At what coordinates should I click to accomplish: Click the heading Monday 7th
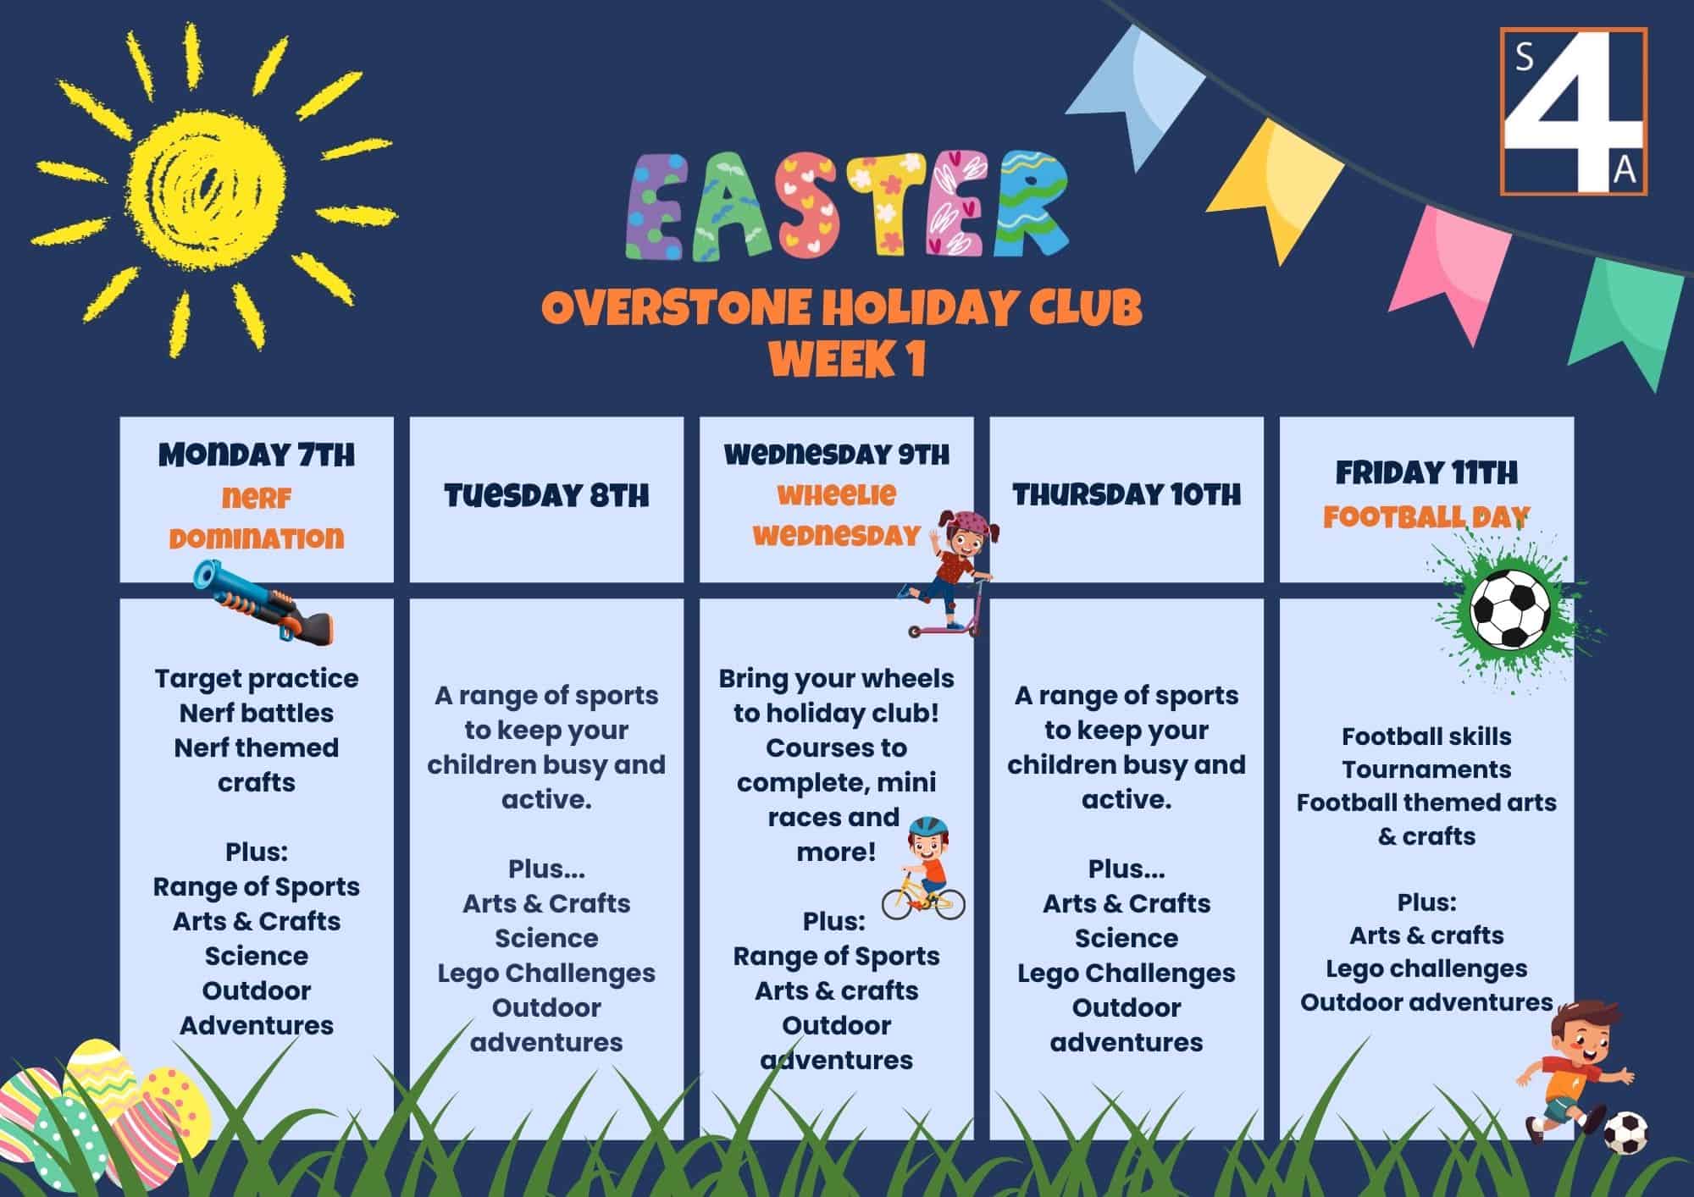pyautogui.click(x=257, y=455)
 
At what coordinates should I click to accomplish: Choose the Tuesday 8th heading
pyautogui.click(x=546, y=495)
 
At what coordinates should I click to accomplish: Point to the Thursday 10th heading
pyautogui.click(x=1127, y=494)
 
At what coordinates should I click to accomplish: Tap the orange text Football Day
pyautogui.click(x=1426, y=516)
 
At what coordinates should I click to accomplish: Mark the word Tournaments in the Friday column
pyautogui.click(x=1426, y=769)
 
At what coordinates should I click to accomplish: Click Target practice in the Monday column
pyautogui.click(x=257, y=679)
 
